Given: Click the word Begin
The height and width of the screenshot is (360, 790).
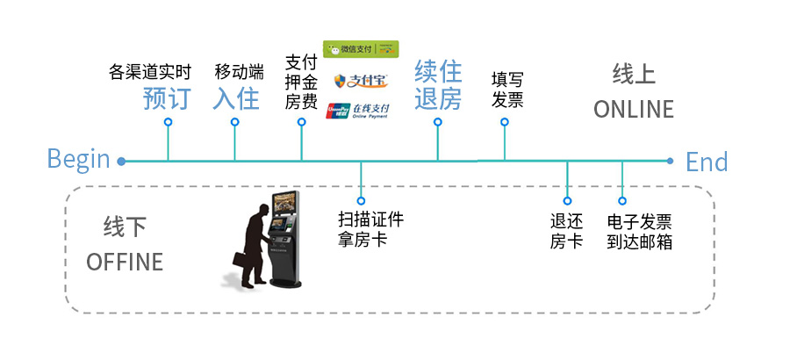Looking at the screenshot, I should pyautogui.click(x=78, y=160).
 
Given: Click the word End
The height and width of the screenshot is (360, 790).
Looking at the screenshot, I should pyautogui.click(x=707, y=162).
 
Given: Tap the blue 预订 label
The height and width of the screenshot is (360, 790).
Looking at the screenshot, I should pyautogui.click(x=167, y=98).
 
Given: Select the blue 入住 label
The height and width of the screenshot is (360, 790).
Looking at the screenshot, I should pyautogui.click(x=236, y=98).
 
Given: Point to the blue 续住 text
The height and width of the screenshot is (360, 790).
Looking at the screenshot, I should pyautogui.click(x=438, y=70).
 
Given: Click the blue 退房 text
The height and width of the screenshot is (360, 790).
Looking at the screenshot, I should pyautogui.click(x=438, y=99).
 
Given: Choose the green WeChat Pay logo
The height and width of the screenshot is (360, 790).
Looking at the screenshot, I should pyautogui.click(x=361, y=49).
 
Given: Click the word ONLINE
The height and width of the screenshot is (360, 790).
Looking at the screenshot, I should pyautogui.click(x=633, y=110).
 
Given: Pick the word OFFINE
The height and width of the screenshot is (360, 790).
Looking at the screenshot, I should pyautogui.click(x=125, y=262).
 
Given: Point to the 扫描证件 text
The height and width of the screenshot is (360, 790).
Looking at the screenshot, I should pyautogui.click(x=371, y=220).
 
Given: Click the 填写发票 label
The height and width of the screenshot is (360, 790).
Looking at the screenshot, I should pyautogui.click(x=507, y=90).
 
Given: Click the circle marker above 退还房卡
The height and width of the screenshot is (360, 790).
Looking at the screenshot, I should pyautogui.click(x=567, y=200).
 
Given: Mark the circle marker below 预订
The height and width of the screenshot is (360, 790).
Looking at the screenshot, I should pyautogui.click(x=168, y=122).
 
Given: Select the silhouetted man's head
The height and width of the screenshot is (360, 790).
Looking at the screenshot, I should pyautogui.click(x=262, y=211).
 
